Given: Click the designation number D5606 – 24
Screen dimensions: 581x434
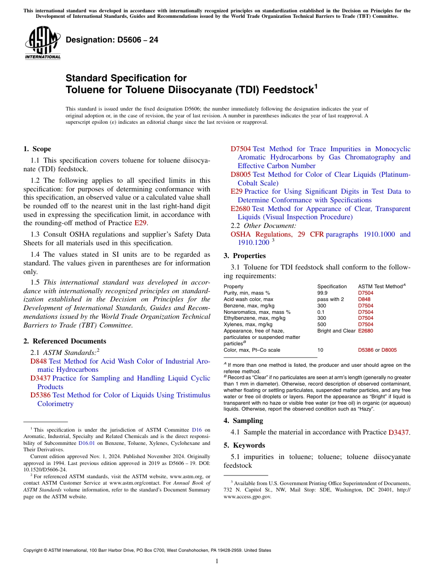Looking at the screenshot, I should tap(112, 40).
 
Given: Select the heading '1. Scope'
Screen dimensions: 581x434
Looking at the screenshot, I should tap(37, 149).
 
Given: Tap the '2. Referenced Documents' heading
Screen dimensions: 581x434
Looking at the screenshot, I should tap(65, 341).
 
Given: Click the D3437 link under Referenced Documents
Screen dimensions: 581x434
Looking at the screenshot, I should tap(40, 378).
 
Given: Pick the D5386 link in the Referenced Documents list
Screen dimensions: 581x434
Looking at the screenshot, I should tap(40, 395).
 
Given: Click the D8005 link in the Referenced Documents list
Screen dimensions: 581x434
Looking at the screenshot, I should tap(241, 174).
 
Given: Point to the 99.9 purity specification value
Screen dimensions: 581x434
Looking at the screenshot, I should tap(322, 293).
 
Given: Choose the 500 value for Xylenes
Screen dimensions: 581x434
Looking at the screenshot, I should tap(322, 324).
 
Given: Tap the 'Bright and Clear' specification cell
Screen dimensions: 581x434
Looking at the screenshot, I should tap(336, 331).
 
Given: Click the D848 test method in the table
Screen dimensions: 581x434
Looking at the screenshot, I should tap(364, 299).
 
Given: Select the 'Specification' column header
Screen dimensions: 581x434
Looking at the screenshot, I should tap(332, 286).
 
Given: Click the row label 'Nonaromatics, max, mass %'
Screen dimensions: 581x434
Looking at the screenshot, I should tap(257, 312).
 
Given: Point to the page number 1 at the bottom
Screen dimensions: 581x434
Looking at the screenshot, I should tap(217, 561).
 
